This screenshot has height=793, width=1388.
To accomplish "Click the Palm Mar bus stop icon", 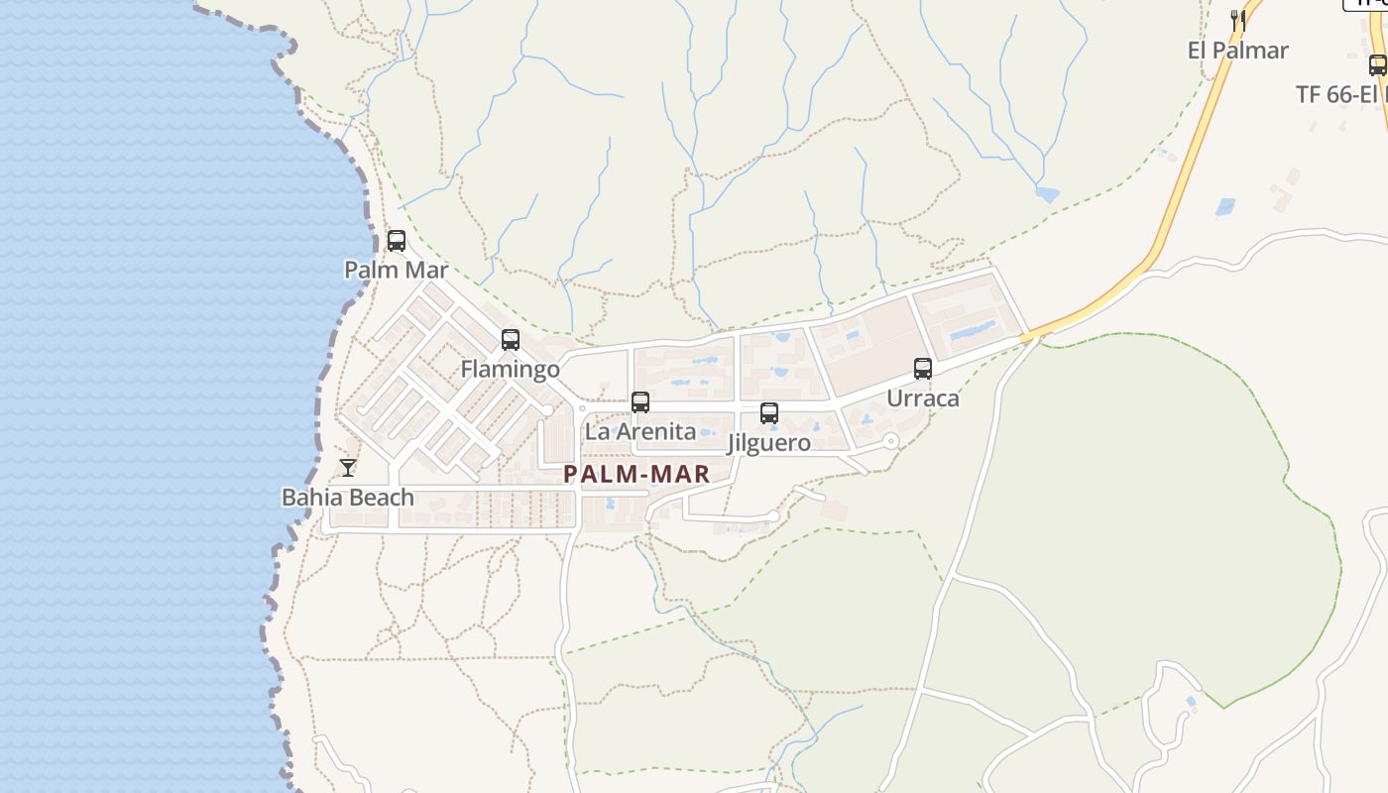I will tap(397, 240).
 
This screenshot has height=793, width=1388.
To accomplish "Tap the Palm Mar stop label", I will tap(397, 270).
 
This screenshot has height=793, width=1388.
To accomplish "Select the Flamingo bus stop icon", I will tap(511, 340).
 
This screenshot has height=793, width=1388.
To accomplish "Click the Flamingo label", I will tap(511, 370).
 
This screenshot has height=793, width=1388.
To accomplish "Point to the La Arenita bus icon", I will tap(640, 401).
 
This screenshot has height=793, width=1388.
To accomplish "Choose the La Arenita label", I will tap(640, 432).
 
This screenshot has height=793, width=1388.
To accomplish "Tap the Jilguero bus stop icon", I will tap(769, 413).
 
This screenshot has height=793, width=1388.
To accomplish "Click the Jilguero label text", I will tap(769, 443).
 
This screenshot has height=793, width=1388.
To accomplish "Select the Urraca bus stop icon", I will tap(923, 369).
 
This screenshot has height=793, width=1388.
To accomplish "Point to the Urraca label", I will tap(923, 398).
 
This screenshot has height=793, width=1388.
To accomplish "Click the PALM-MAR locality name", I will tap(637, 475).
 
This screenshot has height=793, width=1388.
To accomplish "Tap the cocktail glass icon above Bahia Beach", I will tap(348, 468).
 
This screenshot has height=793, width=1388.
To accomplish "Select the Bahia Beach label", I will tap(348, 498).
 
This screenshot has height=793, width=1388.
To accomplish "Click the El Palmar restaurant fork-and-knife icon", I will tap(1238, 20).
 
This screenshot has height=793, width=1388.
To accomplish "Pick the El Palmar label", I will tap(1238, 51).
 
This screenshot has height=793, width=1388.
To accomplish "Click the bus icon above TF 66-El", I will tap(1377, 65).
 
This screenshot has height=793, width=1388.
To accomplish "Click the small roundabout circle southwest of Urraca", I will tap(890, 441).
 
